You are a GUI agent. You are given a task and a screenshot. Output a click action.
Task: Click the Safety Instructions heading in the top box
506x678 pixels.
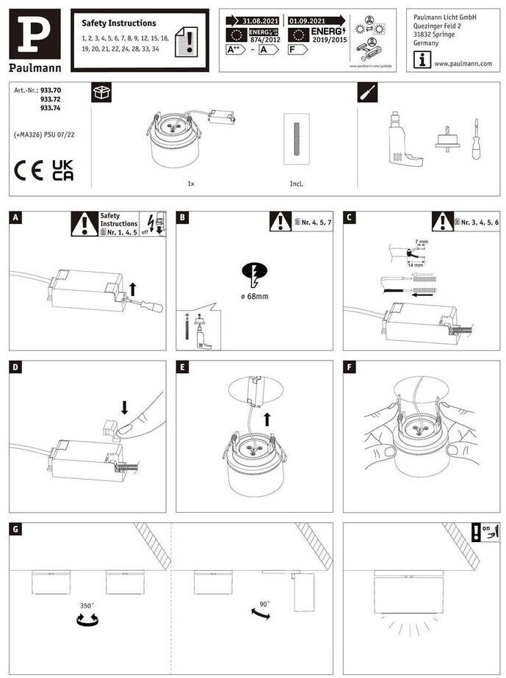click(118, 24)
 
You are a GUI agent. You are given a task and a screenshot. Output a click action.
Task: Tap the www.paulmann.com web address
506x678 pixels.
click(463, 63)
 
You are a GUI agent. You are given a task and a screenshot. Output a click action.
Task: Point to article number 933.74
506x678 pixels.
click(51, 108)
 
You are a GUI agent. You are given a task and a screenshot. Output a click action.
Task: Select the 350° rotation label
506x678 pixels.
click(87, 606)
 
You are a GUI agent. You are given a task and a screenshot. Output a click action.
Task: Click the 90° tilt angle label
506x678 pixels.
click(264, 604)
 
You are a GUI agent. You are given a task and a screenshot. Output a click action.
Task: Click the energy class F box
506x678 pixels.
click(297, 50)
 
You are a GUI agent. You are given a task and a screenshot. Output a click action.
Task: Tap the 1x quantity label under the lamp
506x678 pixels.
click(191, 184)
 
